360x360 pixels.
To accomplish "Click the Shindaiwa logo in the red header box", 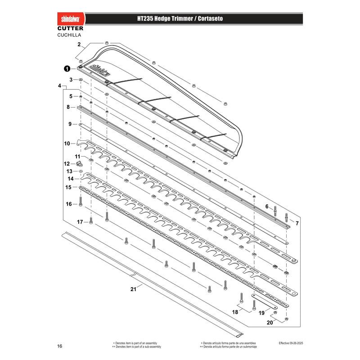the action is click(x=70, y=19).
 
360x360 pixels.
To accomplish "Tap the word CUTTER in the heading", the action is click(x=70, y=28).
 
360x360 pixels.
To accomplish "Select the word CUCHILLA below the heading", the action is click(x=69, y=35).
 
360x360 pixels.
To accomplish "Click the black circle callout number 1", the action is click(x=67, y=69).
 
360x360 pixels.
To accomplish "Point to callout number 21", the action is click(x=133, y=289).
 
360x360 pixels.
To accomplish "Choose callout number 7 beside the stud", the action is click(x=297, y=223).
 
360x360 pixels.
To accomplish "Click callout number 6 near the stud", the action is click(x=267, y=207).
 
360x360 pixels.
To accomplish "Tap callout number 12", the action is click(x=67, y=164).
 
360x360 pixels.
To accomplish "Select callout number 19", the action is click(x=261, y=313).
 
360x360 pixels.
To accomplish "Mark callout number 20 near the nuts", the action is click(x=270, y=323).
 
